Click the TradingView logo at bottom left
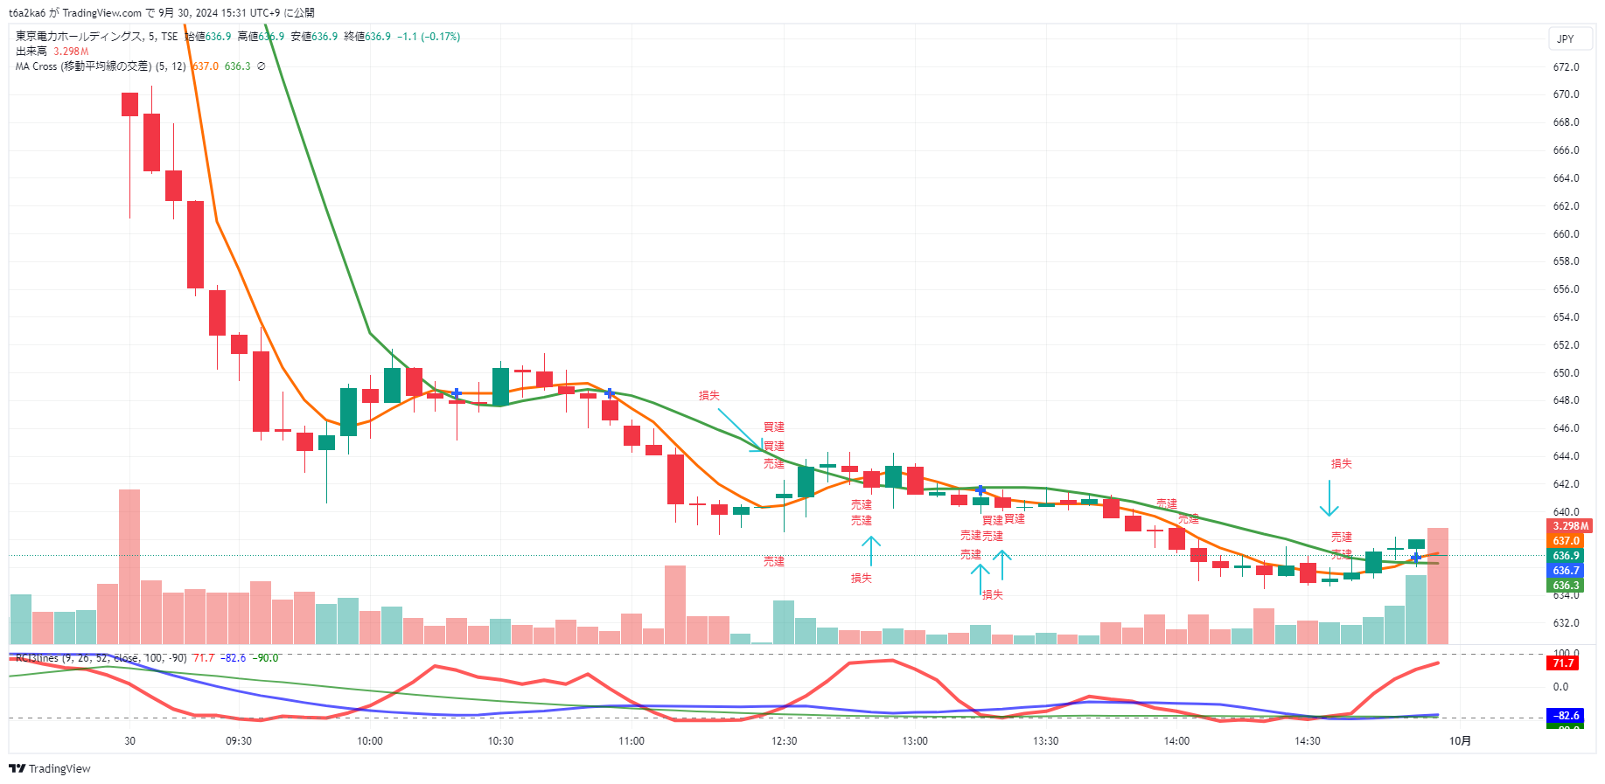[x=50, y=769]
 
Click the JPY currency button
[x=1566, y=38]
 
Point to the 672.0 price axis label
[x=1566, y=67]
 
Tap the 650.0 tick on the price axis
[x=1566, y=373]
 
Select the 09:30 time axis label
[x=239, y=741]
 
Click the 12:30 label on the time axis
[x=785, y=741]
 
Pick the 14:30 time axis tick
[x=1308, y=741]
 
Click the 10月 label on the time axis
[x=1460, y=741]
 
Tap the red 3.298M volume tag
[x=1570, y=526]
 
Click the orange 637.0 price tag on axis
[x=1566, y=541]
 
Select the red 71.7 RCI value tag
[x=1563, y=663]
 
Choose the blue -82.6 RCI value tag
[x=1565, y=716]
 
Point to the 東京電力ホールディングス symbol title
[x=79, y=37]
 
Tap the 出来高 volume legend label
[x=31, y=52]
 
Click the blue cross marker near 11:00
[x=610, y=394]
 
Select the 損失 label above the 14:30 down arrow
[x=1341, y=464]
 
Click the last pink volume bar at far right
[x=1438, y=586]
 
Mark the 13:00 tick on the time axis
[x=915, y=741]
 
